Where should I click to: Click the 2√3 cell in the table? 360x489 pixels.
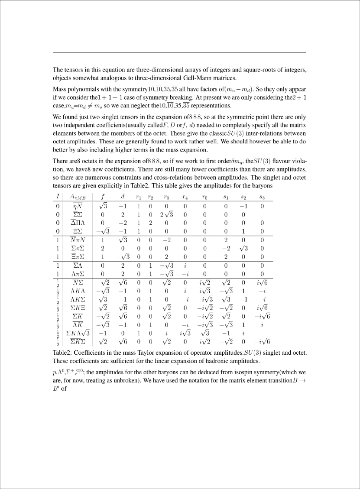click(166, 214)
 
